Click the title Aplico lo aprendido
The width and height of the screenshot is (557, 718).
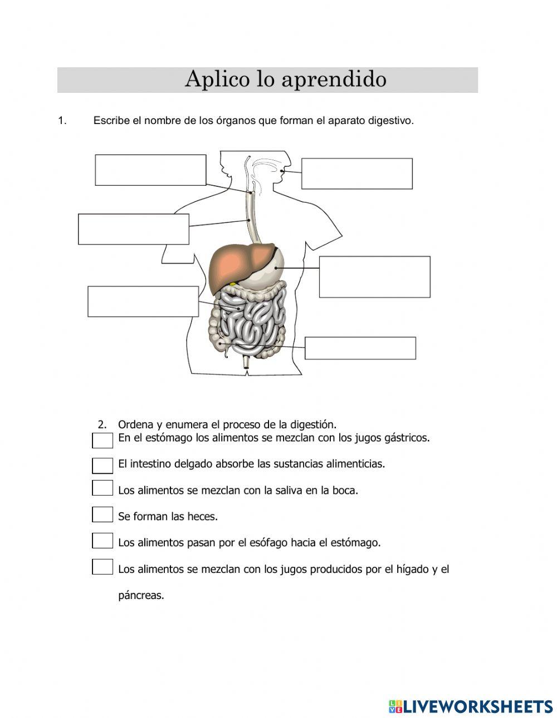(x=285, y=80)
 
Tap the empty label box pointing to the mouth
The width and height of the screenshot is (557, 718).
(x=356, y=174)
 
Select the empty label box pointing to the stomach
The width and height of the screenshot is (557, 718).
(x=374, y=276)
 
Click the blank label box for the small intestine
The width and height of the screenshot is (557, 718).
(x=143, y=301)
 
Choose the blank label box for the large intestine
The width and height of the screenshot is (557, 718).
(x=360, y=348)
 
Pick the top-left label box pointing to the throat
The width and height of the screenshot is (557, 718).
(x=150, y=170)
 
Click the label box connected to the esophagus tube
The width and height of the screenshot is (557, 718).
(x=134, y=229)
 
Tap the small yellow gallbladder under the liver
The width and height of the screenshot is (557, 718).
(x=233, y=284)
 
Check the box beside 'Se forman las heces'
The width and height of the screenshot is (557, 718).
(x=102, y=514)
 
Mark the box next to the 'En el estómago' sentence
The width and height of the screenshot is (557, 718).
(x=102, y=440)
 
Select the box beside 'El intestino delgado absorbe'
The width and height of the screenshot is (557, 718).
(x=102, y=466)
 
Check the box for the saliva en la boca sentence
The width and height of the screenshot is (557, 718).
(x=102, y=488)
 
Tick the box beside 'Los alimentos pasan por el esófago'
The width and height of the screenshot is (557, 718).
(x=102, y=540)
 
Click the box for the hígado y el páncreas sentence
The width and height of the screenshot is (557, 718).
(x=102, y=567)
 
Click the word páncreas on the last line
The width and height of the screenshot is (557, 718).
(x=141, y=596)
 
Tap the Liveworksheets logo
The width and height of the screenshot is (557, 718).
(x=470, y=706)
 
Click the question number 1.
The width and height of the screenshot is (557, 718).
(x=62, y=121)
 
